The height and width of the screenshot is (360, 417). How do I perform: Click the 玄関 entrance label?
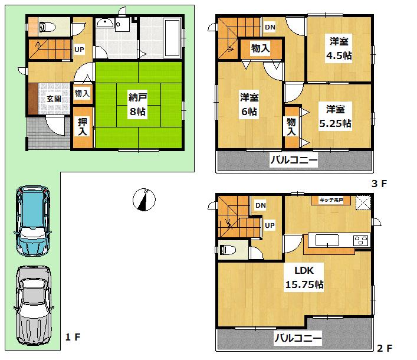click(53, 99)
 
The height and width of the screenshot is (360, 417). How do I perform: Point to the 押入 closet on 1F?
click(83, 127)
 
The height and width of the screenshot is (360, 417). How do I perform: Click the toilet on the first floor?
click(45, 27)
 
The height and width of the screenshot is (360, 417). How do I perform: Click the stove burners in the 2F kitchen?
click(360, 241)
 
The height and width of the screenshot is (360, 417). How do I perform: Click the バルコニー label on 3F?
click(294, 160)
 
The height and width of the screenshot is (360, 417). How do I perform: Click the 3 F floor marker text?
click(379, 184)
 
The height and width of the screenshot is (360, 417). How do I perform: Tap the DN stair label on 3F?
click(269, 27)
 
